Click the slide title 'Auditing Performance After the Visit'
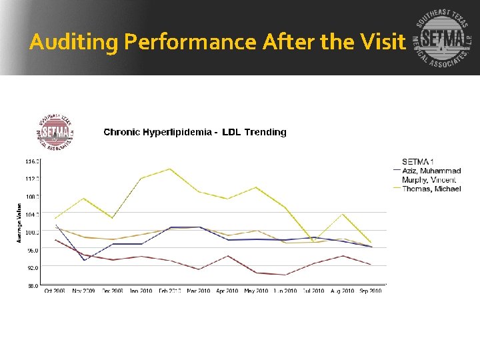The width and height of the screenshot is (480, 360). click(217, 43)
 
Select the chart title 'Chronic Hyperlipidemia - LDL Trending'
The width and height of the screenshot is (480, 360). click(195, 132)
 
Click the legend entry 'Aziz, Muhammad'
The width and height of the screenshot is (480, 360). click(431, 171)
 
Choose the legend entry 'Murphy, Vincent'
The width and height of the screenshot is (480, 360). click(429, 180)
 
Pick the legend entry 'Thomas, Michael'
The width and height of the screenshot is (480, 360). click(431, 189)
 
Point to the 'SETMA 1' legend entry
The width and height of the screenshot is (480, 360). click(418, 161)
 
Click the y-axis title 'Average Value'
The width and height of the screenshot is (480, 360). click(19, 223)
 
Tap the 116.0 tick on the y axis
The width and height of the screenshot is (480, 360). click(33, 161)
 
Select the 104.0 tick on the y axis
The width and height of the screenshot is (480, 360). click(33, 214)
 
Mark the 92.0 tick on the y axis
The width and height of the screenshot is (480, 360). click(33, 267)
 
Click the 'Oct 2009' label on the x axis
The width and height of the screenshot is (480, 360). click(55, 291)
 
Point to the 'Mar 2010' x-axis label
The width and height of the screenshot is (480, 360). click(199, 291)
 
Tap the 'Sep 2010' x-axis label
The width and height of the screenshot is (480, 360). click(371, 291)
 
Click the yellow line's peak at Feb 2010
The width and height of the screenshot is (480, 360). click(171, 169)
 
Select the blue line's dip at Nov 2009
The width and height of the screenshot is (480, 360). click(84, 260)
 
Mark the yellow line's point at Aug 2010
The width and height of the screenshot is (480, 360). click(343, 214)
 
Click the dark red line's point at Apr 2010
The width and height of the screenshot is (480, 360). click(228, 256)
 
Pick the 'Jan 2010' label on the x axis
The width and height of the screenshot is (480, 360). click(141, 291)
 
